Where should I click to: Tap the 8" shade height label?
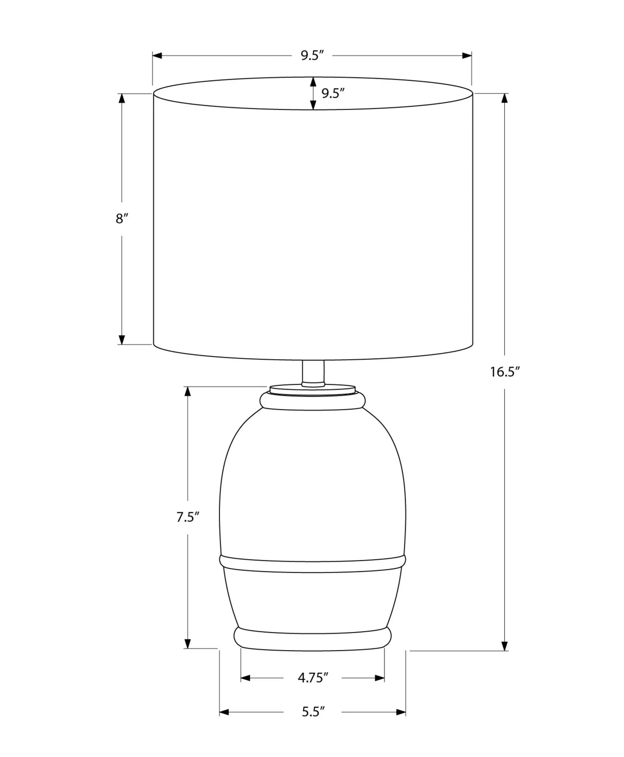pyautogui.click(x=122, y=218)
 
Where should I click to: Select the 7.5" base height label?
pyautogui.click(x=188, y=517)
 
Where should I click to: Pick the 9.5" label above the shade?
pyautogui.click(x=312, y=55)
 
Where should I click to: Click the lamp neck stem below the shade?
pyautogui.click(x=313, y=373)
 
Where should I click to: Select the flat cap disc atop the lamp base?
pyautogui.click(x=312, y=390)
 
